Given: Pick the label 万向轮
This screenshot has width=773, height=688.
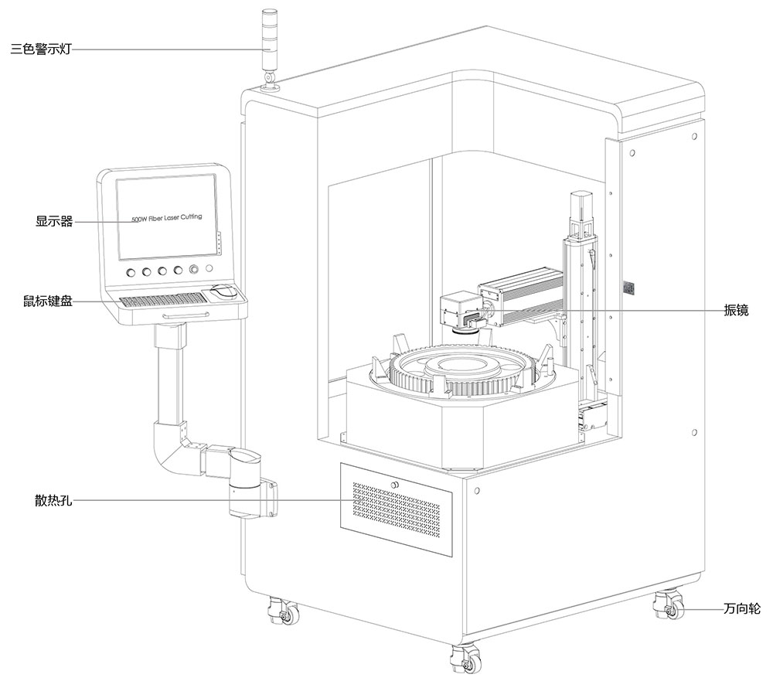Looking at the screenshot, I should coord(742,609).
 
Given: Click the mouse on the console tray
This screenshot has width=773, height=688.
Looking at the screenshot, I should coord(223,292).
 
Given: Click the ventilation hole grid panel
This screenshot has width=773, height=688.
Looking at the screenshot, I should coord(397,511).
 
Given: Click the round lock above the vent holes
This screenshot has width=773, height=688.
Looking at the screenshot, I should coord(394,485).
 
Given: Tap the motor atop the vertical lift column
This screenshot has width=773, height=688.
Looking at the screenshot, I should coord(581,207).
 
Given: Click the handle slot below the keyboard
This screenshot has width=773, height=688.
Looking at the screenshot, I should coord(186,315).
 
